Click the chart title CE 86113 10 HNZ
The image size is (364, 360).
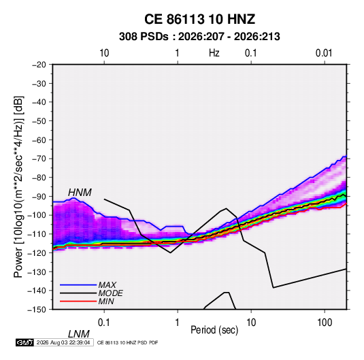199,19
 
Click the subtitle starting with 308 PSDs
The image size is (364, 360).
199,37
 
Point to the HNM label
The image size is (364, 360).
80,193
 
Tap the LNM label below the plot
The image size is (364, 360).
78,334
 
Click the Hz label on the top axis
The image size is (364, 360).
214,53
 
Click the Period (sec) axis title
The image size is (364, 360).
214,330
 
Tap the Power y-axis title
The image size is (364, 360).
18,186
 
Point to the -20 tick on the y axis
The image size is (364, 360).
39,65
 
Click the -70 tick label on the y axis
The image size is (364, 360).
39,159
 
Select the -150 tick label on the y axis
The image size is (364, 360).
37,310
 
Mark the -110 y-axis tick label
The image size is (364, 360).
37,234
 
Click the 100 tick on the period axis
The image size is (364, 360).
325,323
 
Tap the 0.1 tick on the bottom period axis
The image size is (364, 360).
104,323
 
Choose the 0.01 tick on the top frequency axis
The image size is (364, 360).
324,53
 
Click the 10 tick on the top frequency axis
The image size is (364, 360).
104,53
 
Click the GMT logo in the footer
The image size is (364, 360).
25,342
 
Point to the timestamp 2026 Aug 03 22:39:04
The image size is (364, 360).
63,342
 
